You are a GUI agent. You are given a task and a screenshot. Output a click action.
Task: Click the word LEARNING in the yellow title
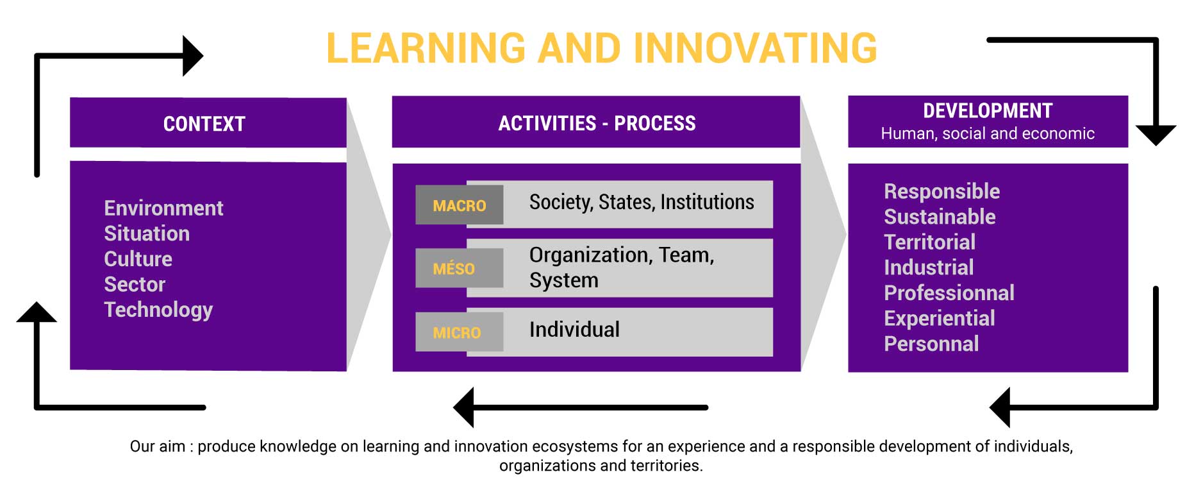(426, 48)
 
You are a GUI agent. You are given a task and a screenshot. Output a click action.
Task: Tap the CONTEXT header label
(204, 124)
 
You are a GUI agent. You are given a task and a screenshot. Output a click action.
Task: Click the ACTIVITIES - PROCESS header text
(597, 123)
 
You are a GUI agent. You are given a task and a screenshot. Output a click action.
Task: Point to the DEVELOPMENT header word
(988, 111)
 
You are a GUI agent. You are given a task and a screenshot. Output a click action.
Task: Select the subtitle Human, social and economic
(988, 133)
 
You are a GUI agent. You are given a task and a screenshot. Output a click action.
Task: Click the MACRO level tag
(459, 205)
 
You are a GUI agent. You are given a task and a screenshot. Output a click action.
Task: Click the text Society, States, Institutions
(642, 203)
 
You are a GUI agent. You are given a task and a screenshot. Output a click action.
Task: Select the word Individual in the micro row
(574, 330)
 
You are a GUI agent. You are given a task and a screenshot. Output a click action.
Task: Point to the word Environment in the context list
(163, 208)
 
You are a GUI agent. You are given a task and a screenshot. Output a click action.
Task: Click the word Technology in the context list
(158, 310)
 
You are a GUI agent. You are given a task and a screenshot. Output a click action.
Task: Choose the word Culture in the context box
(138, 258)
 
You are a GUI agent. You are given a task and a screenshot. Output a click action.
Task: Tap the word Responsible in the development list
(942, 191)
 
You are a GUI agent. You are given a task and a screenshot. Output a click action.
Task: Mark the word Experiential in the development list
(939, 318)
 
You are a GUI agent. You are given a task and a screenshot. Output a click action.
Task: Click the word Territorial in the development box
(929, 242)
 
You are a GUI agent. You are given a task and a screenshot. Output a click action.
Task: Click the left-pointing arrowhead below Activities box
(463, 407)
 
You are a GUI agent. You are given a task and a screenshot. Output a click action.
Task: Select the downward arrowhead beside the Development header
(1156, 135)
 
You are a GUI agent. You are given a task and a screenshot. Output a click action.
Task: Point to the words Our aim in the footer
(157, 446)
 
